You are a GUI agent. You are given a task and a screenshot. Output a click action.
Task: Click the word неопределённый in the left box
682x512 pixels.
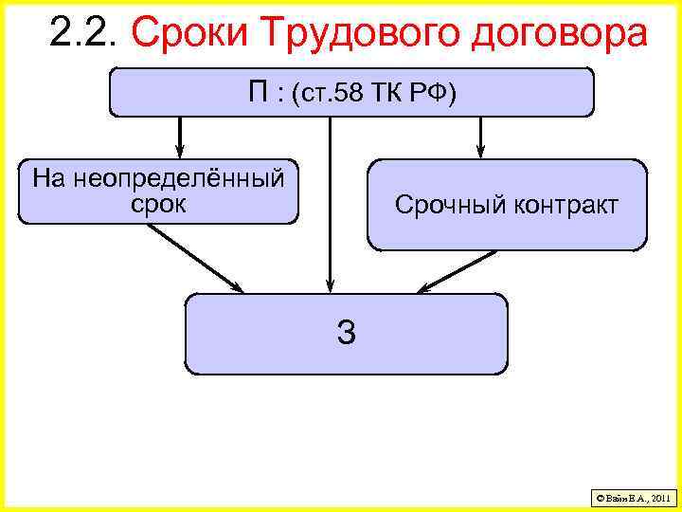click(x=180, y=177)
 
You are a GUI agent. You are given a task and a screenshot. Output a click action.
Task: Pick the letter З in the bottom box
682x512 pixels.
click(x=347, y=334)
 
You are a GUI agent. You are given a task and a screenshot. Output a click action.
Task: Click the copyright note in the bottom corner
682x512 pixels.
click(x=630, y=497)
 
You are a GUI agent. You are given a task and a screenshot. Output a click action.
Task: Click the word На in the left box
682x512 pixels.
click(x=49, y=177)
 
